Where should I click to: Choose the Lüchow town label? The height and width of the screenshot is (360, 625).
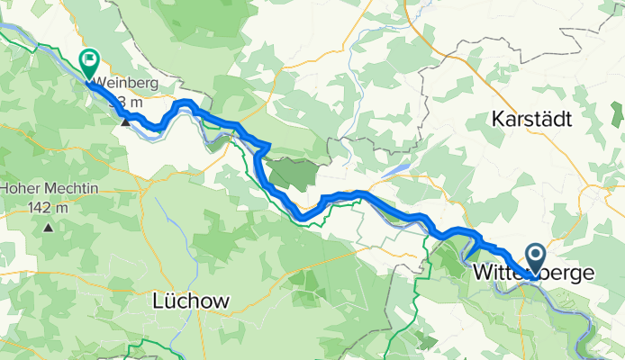191,301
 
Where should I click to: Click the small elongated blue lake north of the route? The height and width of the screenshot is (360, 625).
396,171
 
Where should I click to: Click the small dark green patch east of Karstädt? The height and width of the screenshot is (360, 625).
617,113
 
